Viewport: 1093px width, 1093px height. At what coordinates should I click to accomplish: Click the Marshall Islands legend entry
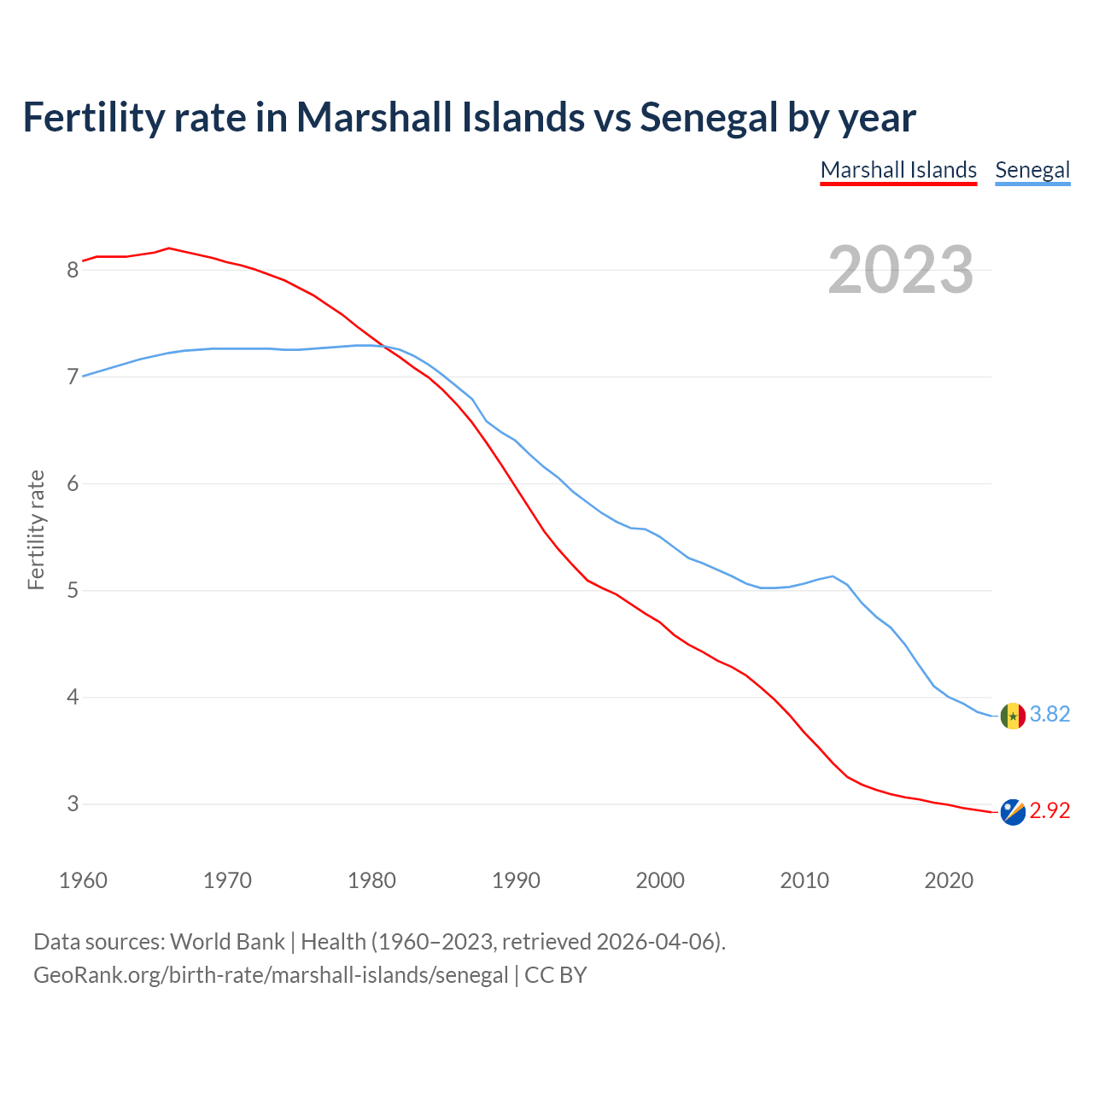898,170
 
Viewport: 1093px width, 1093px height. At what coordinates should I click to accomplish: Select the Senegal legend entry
1032,170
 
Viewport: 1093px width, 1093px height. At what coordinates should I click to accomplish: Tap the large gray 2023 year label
900,270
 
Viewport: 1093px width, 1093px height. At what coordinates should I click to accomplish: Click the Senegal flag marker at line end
1012,716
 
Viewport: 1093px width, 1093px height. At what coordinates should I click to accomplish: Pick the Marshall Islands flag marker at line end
1012,812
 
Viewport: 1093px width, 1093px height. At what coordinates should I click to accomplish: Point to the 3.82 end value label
1049,714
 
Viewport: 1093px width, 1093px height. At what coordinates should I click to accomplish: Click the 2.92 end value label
1049,810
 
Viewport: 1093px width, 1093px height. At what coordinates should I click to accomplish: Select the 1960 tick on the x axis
83,880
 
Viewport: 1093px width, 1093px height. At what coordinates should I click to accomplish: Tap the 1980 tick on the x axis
371,880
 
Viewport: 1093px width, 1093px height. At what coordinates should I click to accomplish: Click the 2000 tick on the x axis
660,880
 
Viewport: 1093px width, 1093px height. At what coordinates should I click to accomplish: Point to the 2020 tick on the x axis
949,880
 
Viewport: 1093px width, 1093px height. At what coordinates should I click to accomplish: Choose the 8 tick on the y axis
73,270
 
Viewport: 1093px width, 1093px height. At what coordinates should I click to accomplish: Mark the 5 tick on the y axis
73,590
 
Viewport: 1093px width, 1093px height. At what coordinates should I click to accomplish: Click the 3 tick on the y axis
73,804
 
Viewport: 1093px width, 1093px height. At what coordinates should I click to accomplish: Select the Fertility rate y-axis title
36,529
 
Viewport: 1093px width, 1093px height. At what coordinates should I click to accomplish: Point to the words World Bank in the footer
227,942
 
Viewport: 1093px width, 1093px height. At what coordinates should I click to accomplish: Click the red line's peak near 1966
169,248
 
